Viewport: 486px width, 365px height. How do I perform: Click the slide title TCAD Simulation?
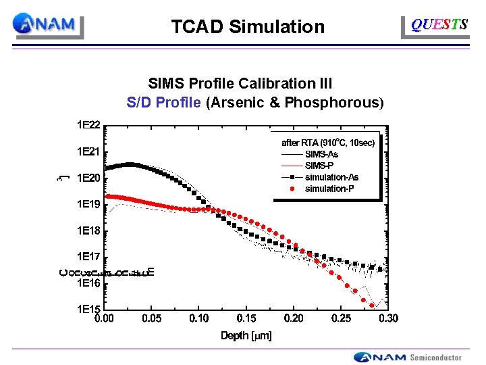[248, 27]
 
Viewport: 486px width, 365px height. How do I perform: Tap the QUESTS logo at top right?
[439, 25]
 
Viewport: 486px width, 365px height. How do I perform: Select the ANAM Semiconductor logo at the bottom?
[408, 357]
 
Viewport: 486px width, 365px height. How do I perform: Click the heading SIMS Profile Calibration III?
[240, 84]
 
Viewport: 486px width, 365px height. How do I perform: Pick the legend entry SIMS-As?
[321, 154]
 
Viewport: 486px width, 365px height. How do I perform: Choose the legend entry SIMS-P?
[320, 166]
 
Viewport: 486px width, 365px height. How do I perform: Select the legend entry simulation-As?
[331, 177]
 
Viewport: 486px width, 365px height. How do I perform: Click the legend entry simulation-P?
[329, 189]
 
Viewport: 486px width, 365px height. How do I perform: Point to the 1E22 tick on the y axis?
[88, 125]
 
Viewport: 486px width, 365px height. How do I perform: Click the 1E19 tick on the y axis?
[88, 204]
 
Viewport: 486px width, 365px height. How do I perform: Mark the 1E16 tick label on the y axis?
[88, 283]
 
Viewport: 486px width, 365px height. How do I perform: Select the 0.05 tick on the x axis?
[151, 318]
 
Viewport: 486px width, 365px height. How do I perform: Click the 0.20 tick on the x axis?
[294, 318]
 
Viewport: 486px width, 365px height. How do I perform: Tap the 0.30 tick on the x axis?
[388, 318]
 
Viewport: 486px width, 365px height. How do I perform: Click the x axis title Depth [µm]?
[246, 336]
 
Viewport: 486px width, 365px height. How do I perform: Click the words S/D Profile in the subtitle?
[163, 103]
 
